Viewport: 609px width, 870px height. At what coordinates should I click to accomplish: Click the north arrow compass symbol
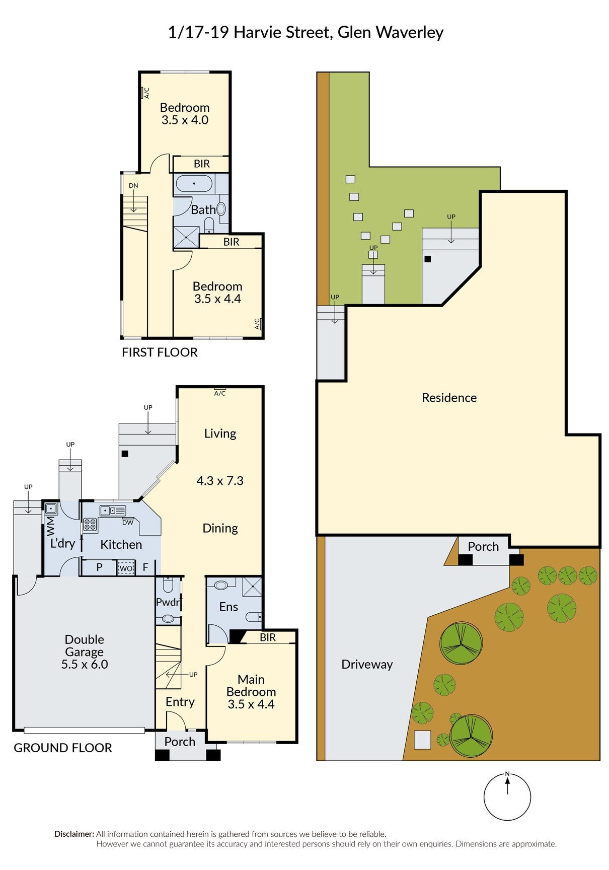point(507,796)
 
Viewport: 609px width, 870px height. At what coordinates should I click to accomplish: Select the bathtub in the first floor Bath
point(194,183)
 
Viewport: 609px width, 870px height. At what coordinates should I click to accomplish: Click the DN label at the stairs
point(133,185)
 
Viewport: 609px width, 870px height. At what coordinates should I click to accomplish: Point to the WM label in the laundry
point(50,526)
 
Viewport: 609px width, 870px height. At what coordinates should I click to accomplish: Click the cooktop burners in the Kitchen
point(90,525)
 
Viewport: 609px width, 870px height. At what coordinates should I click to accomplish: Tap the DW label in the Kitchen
point(128,522)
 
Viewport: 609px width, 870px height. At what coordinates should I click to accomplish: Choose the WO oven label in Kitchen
point(126,568)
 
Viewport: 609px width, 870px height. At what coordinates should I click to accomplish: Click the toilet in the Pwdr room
point(168,585)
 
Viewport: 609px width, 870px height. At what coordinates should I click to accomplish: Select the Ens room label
point(229,607)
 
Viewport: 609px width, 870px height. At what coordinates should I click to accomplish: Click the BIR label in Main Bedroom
point(268,637)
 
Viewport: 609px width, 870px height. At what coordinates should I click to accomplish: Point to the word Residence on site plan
point(449,398)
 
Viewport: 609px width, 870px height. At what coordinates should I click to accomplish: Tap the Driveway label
point(367,664)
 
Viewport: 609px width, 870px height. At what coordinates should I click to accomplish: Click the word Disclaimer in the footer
point(74,834)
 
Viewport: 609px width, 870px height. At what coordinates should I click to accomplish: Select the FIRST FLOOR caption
point(160,352)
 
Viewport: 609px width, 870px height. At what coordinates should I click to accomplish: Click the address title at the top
point(306,32)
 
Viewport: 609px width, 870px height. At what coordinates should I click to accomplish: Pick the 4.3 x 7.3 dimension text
point(220,481)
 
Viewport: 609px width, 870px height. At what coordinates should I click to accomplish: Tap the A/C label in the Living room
point(220,393)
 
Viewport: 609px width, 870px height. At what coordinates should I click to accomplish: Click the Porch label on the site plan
point(483,546)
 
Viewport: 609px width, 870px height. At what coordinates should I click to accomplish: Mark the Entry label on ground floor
point(180,702)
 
